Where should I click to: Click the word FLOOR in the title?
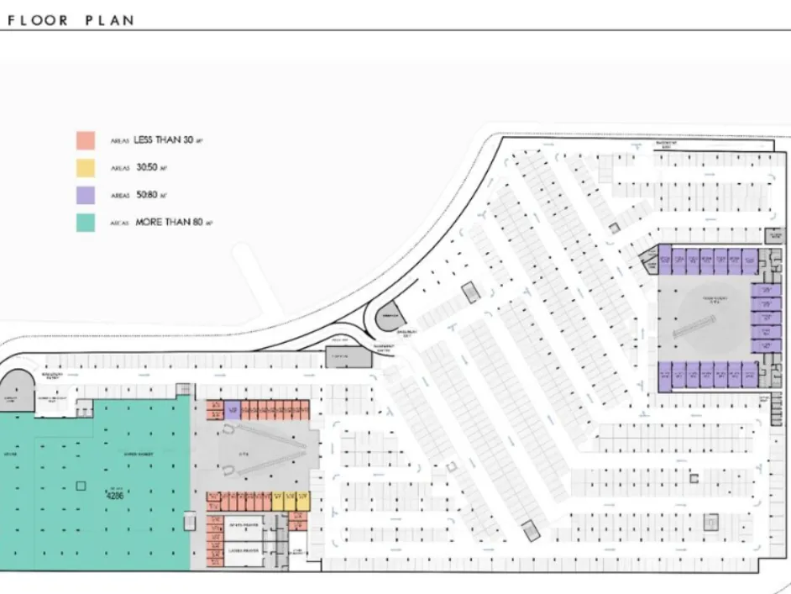point(39,20)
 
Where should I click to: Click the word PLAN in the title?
point(109,20)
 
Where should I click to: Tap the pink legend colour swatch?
point(85,140)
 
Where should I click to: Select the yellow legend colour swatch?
point(85,168)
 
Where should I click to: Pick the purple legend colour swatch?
point(85,195)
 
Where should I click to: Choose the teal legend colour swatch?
point(85,223)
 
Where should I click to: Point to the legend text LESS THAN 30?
point(164,140)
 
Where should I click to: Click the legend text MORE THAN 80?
point(170,223)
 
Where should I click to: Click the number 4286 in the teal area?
point(115,496)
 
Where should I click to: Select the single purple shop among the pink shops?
point(233,411)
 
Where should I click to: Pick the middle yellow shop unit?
point(290,500)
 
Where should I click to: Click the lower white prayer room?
point(244,551)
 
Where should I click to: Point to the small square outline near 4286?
point(81,485)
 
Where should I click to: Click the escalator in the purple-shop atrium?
point(695,324)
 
